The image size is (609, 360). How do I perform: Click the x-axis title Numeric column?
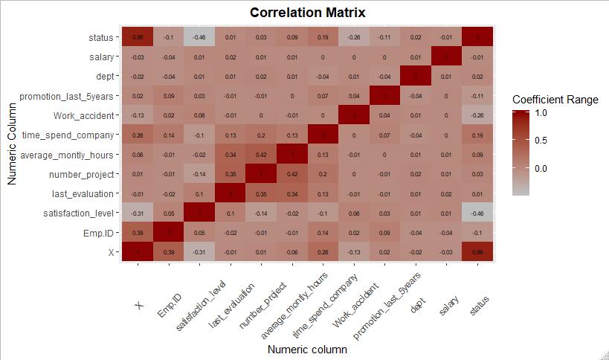coord(307,349)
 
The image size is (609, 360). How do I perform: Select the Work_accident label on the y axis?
coord(83,115)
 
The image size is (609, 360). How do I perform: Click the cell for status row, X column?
coord(138,36)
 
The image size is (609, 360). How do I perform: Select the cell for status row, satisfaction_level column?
coord(199,36)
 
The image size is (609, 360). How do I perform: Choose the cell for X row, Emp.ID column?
coord(169,253)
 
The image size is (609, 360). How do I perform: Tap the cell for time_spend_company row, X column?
coord(138,135)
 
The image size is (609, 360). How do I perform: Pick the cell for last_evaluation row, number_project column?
coord(261,193)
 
